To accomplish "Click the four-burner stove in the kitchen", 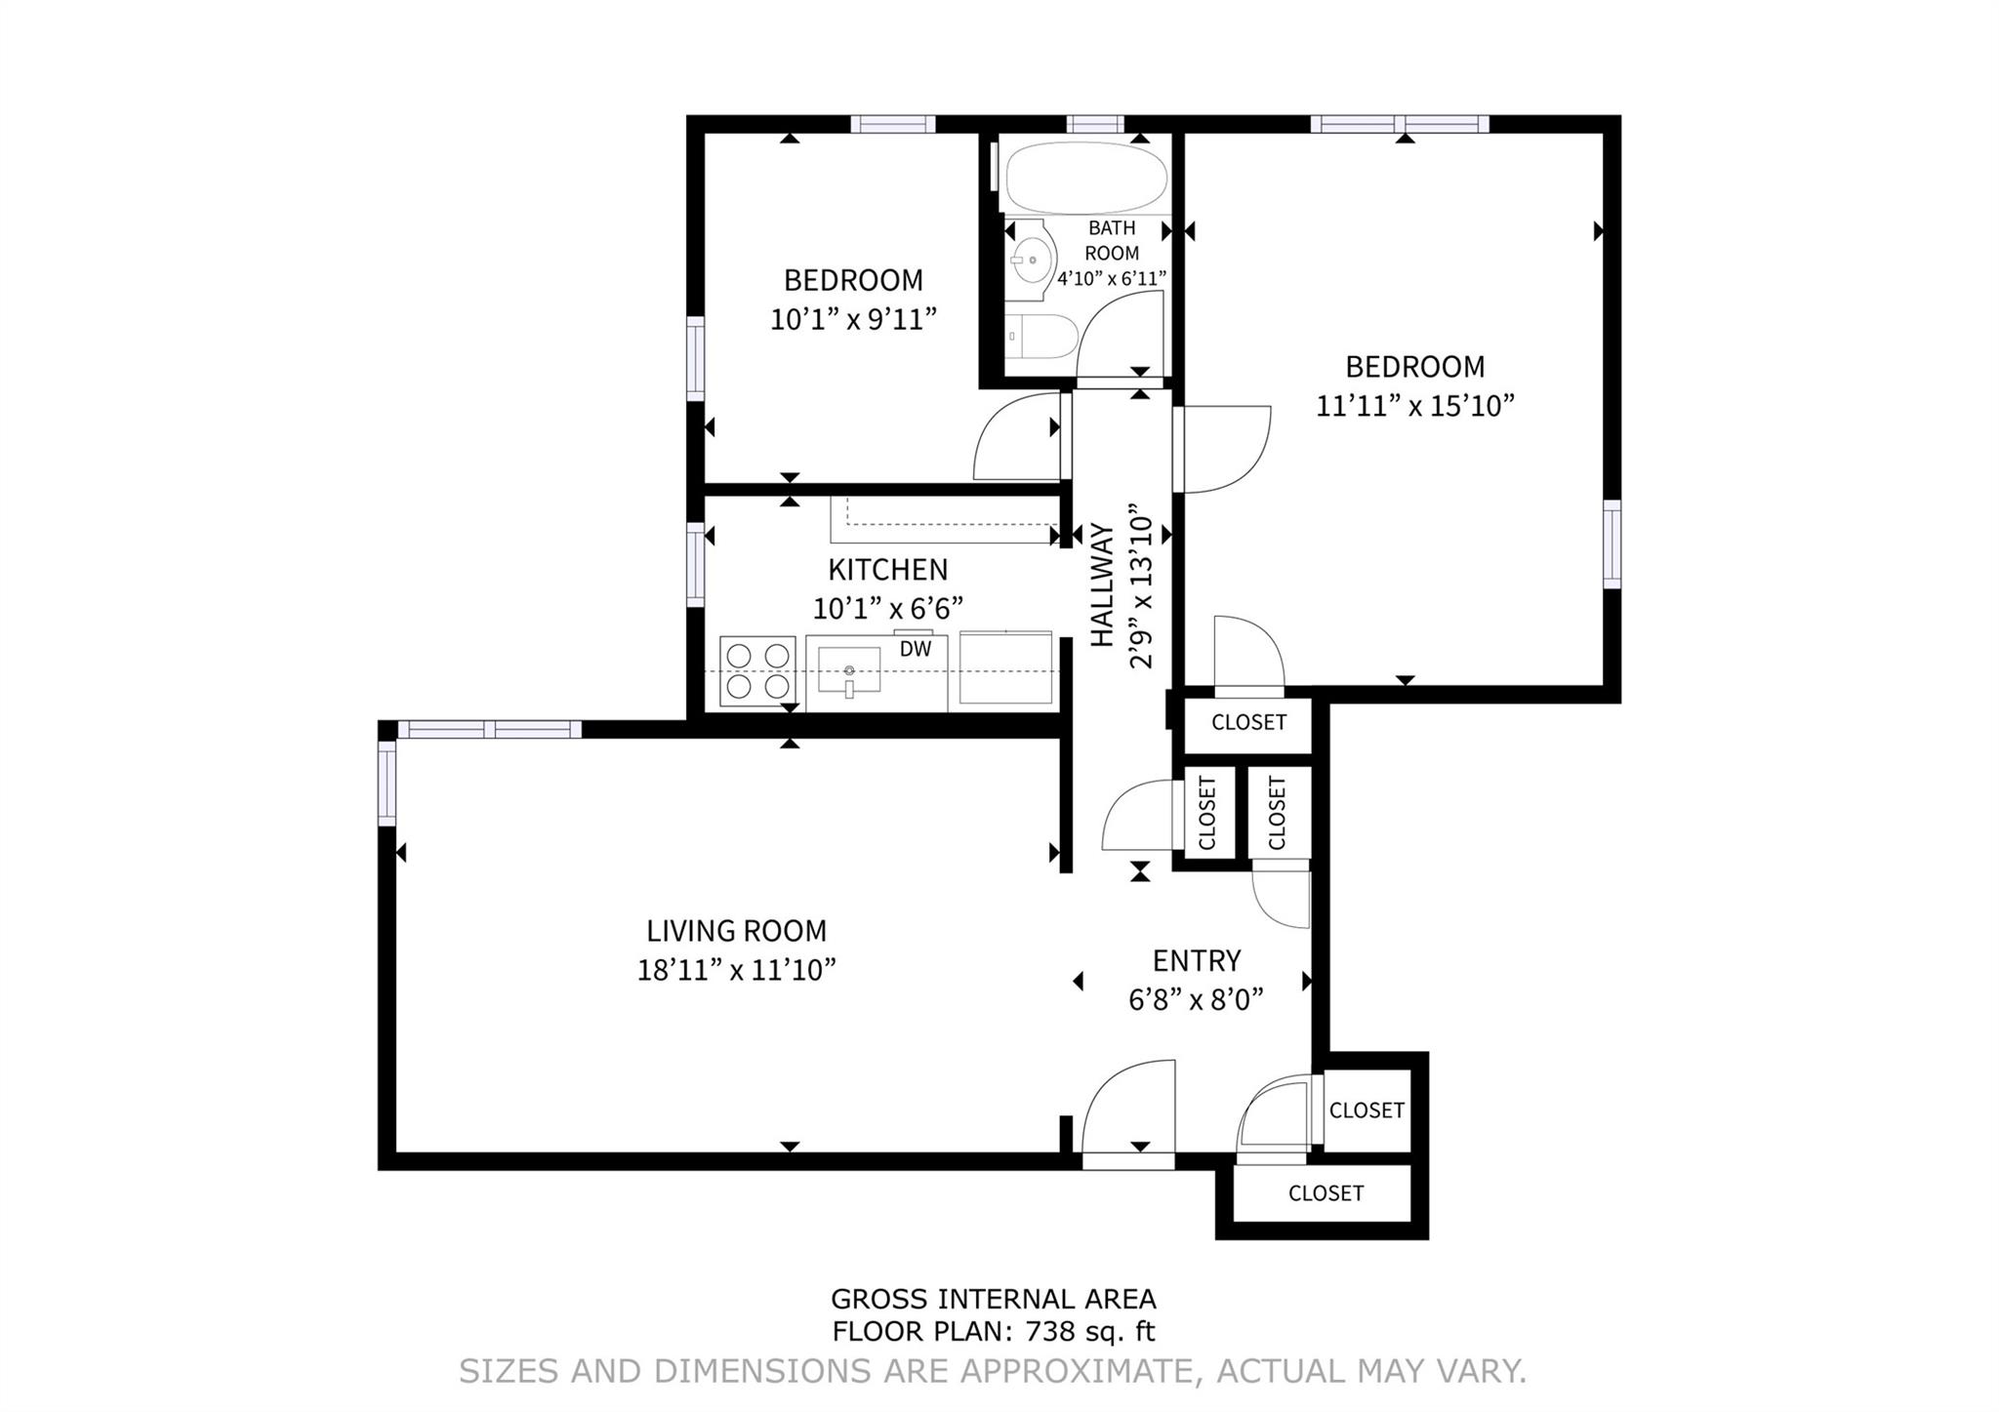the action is tap(757, 670).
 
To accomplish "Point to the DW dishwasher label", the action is tap(915, 649).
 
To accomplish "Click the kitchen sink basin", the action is tap(848, 671).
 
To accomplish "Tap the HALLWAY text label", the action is tap(1102, 585).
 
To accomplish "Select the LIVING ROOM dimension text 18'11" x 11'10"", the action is tap(736, 970).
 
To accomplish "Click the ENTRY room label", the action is tap(1197, 961).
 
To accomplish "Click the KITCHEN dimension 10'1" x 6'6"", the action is tap(888, 608).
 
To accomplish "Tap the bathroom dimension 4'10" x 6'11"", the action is tap(1112, 279).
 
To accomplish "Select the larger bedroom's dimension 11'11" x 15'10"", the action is tap(1414, 405).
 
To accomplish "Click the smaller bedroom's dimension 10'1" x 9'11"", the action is tap(853, 319).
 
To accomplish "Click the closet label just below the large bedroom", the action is tap(1248, 722).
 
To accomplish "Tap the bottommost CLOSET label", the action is tap(1326, 1193).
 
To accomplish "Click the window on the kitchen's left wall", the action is tap(695, 565).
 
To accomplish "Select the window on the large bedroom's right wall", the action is tap(1611, 545).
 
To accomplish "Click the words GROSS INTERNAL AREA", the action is tap(993, 1299).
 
